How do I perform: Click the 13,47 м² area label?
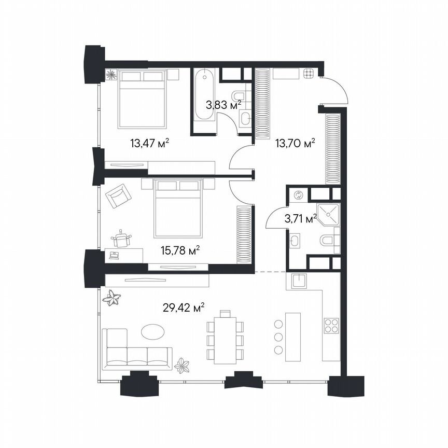click(150, 143)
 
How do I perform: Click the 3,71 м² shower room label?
click(301, 219)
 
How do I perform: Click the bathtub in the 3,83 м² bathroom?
click(204, 95)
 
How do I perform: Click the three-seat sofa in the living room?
click(137, 350)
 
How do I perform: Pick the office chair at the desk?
click(122, 239)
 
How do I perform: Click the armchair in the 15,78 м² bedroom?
click(119, 197)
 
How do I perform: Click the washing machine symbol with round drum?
click(298, 195)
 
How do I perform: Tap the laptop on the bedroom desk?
click(114, 255)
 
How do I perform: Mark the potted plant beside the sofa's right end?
click(182, 366)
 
